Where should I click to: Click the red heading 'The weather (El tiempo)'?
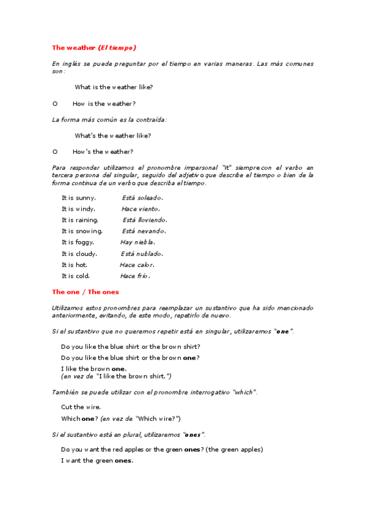[x=93, y=48]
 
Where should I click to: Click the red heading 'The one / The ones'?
[x=86, y=292]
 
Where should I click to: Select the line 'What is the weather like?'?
[x=114, y=87]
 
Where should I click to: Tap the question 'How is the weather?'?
[x=104, y=103]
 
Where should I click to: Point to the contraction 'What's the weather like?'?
[x=113, y=136]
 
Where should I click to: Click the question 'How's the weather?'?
[x=103, y=151]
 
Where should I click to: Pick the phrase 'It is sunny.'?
[x=78, y=198]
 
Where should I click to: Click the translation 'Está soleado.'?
[x=142, y=198]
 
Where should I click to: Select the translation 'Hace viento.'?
[x=141, y=209]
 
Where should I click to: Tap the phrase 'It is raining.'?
[x=80, y=220]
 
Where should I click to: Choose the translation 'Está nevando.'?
[x=144, y=231]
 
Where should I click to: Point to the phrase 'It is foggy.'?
[x=78, y=242]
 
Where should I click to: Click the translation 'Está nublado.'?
[x=142, y=254]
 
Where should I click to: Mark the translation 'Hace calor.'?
[x=137, y=264]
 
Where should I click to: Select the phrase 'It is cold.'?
[x=76, y=275]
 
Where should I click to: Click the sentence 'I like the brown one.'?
[x=94, y=368]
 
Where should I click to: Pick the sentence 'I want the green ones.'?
[x=97, y=461]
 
